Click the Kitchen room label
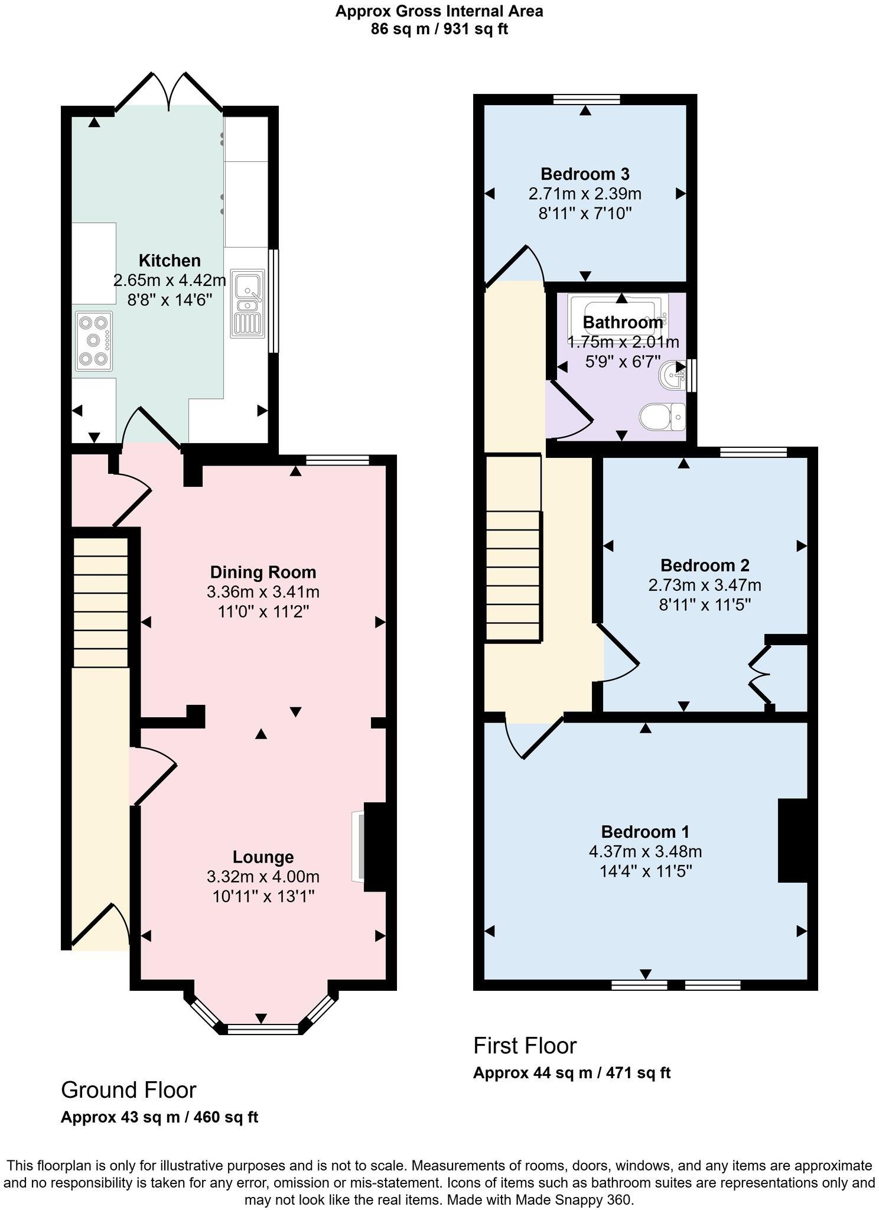pyautogui.click(x=170, y=261)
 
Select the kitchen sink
pyautogui.click(x=247, y=304)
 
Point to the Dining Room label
pyautogui.click(x=263, y=572)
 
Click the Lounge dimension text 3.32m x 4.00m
pyautogui.click(x=263, y=876)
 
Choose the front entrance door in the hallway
pyautogui.click(x=100, y=925)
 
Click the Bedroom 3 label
pyautogui.click(x=585, y=174)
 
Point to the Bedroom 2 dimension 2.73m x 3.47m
pyautogui.click(x=704, y=585)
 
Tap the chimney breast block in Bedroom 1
pyautogui.click(x=793, y=840)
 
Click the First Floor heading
pyautogui.click(x=525, y=1046)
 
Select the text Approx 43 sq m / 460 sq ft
pyautogui.click(x=159, y=1117)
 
